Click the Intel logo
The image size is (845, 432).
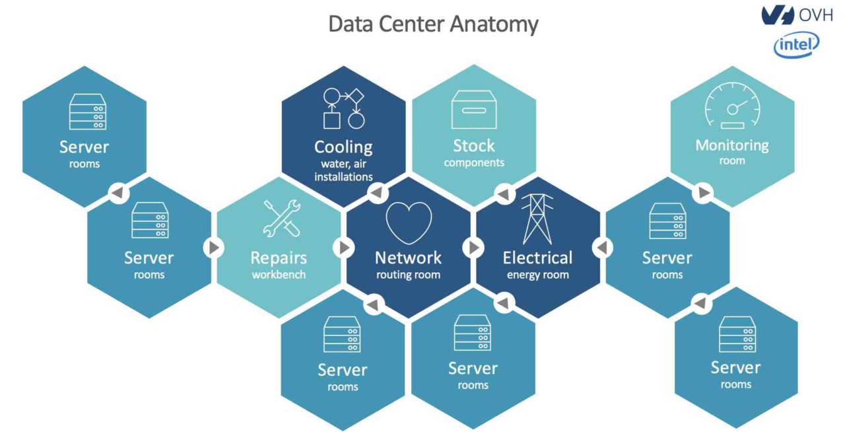(x=796, y=44)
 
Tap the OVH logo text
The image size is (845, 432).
(x=815, y=15)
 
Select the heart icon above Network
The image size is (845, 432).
(x=409, y=223)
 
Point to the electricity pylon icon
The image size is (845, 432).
(x=537, y=219)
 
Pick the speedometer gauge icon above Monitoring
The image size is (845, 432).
(x=732, y=106)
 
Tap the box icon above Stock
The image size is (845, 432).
(x=473, y=110)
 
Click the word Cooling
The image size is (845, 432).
(x=343, y=147)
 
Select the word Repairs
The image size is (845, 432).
(x=279, y=257)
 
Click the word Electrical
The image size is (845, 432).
(x=537, y=257)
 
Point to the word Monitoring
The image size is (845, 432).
(x=732, y=145)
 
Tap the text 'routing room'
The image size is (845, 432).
(x=408, y=275)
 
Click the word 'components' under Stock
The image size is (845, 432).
(x=474, y=162)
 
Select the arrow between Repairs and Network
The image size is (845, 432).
(x=343, y=247)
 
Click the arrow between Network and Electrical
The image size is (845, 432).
(x=473, y=247)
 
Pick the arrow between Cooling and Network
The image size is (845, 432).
(x=376, y=193)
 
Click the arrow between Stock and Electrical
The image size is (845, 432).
(x=504, y=194)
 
